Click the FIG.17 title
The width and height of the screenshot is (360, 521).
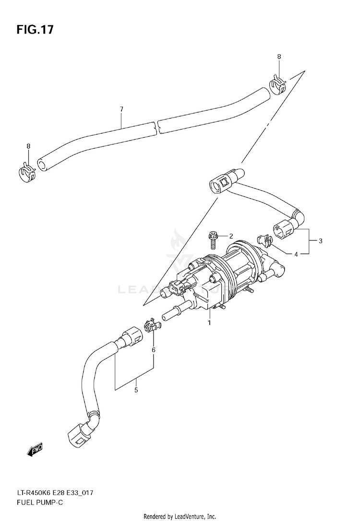click(35, 30)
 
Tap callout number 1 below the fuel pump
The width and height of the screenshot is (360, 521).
click(209, 323)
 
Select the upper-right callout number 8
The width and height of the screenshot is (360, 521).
click(279, 57)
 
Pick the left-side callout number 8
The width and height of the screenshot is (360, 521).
click(28, 146)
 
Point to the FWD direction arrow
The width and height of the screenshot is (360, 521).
click(35, 449)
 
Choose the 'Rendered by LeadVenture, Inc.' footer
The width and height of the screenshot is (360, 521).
click(180, 516)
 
